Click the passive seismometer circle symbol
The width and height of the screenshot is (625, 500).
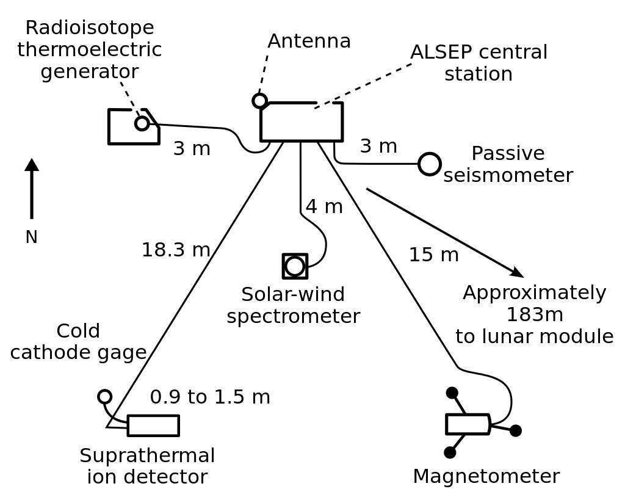430,164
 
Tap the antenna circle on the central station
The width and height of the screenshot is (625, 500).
259,101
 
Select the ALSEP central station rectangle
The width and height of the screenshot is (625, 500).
302,122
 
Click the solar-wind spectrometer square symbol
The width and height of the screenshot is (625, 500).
295,266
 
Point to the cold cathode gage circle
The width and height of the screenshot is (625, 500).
104,396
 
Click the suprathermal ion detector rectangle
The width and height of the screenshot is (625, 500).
153,426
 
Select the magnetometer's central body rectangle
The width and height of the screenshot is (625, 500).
468,424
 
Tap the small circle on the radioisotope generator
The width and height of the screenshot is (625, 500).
142,123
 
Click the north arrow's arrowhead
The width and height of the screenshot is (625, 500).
32,165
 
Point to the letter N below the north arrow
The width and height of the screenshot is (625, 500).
32,237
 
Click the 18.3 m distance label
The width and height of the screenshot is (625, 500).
176,250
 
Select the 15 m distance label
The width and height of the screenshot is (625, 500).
433,255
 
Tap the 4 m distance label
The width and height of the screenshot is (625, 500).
324,207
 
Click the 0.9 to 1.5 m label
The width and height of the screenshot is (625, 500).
210,397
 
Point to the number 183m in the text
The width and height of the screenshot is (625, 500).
534,314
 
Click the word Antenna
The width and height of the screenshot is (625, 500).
309,41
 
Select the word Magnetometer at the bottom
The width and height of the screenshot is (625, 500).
486,476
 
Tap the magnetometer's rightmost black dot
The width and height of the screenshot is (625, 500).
516,430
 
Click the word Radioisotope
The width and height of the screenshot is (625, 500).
90,27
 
